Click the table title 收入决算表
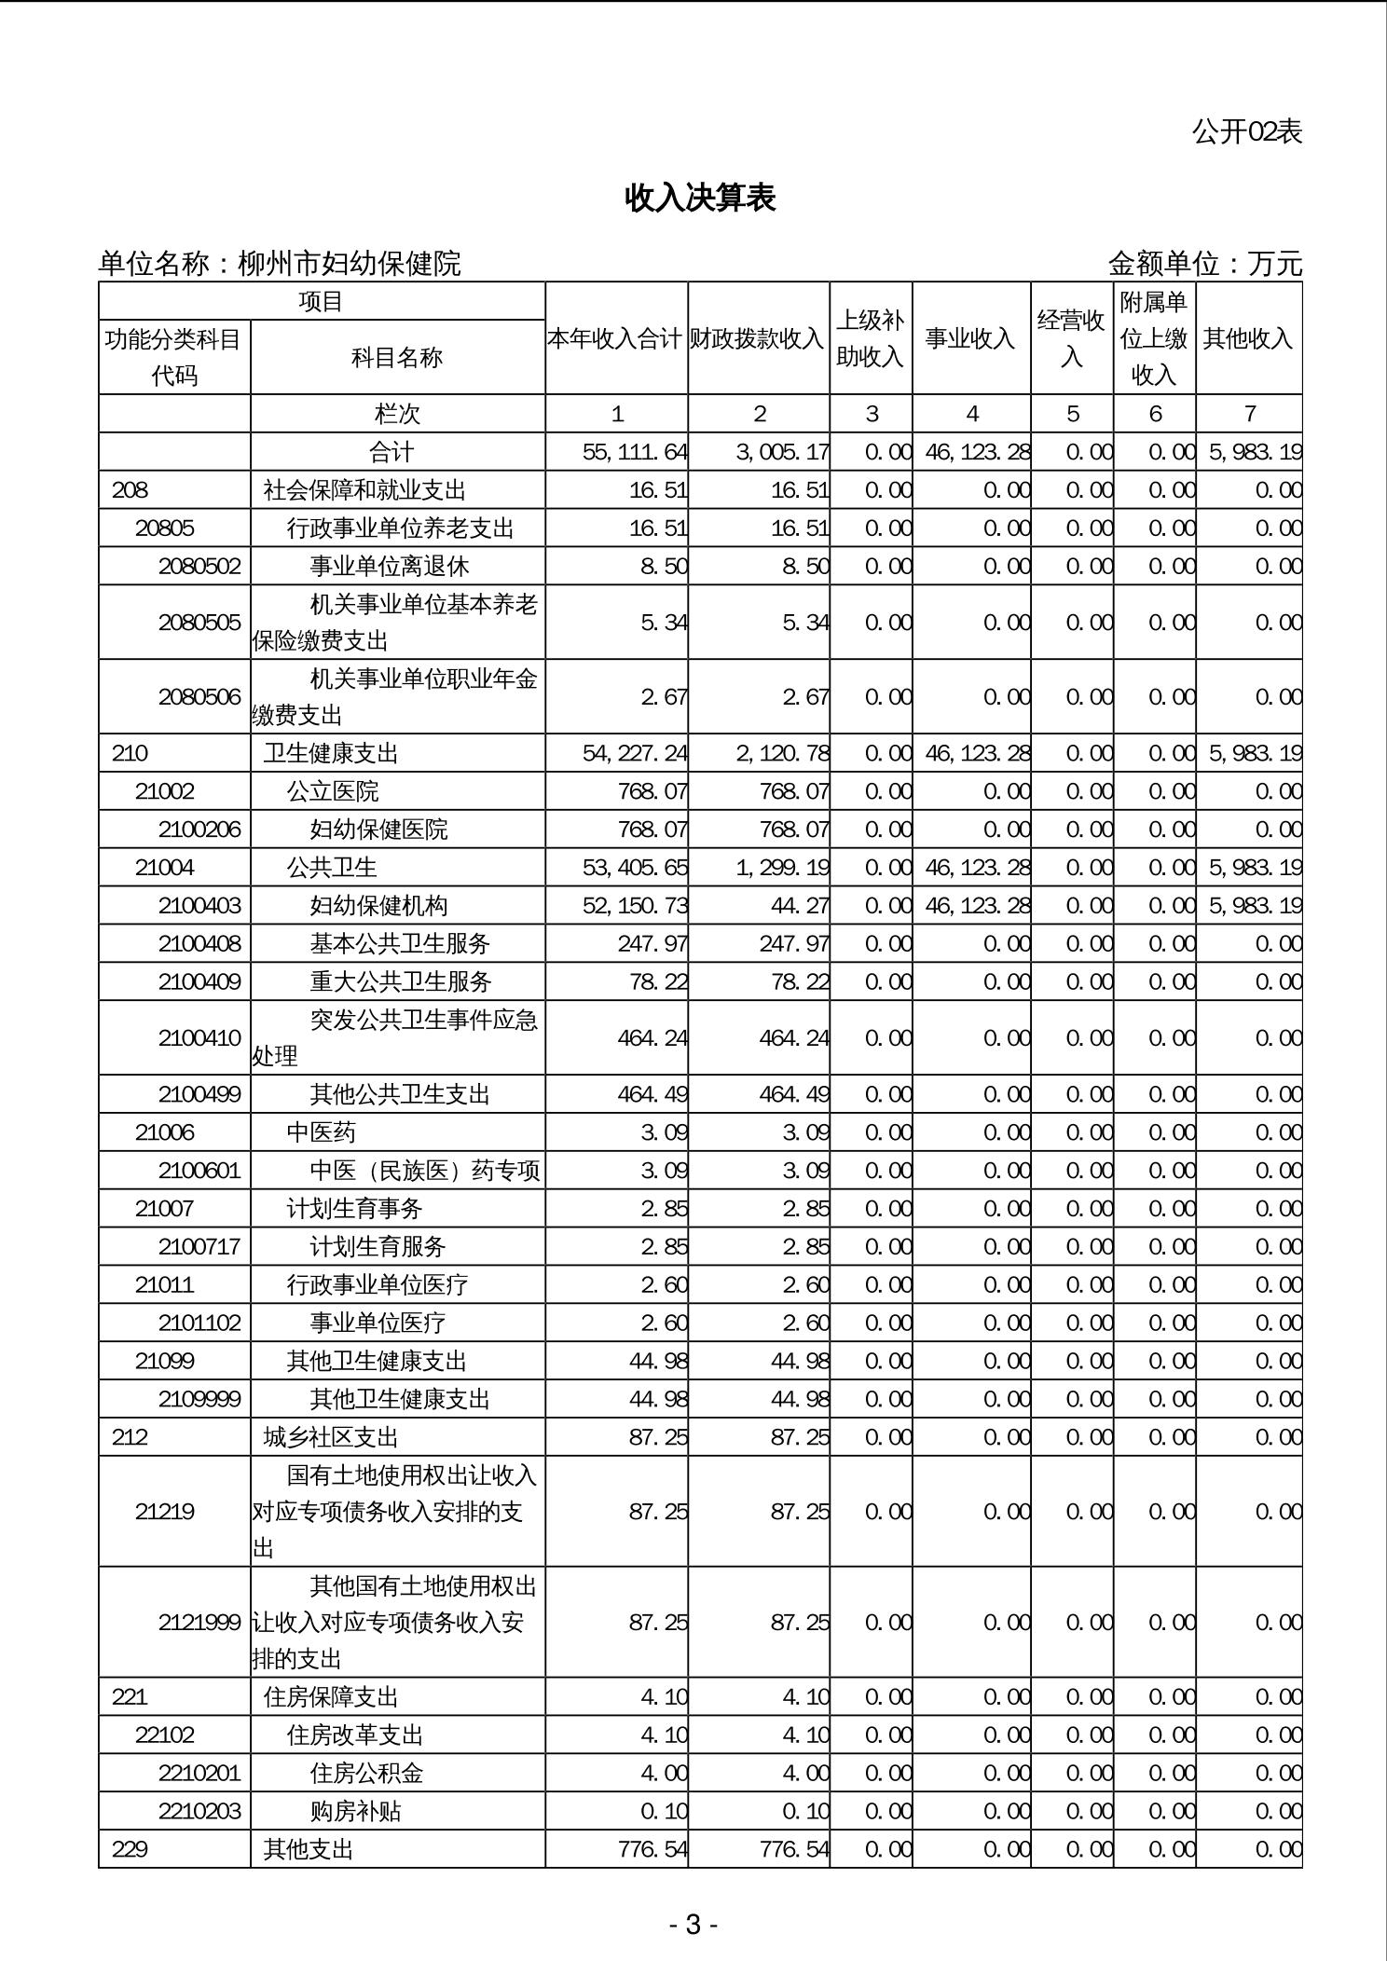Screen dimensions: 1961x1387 tap(700, 198)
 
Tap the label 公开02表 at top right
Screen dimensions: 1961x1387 tap(1246, 131)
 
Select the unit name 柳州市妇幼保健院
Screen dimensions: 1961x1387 tap(350, 264)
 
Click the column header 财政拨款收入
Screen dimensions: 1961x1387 tap(758, 338)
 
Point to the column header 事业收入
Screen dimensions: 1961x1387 tap(970, 338)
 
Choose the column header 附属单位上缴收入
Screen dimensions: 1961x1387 tap(1154, 338)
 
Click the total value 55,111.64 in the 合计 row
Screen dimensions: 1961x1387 tap(634, 452)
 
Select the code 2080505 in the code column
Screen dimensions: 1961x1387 tap(199, 623)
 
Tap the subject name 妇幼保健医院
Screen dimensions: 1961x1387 tap(378, 830)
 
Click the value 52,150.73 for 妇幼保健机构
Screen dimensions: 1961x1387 tap(635, 906)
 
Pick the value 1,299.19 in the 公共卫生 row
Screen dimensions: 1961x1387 tap(782, 868)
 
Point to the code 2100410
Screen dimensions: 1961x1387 tap(199, 1038)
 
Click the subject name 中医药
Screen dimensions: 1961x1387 tap(321, 1132)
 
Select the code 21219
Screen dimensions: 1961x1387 tap(165, 1512)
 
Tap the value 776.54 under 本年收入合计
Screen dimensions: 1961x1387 tap(652, 1849)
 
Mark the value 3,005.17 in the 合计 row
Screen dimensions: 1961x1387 tap(782, 452)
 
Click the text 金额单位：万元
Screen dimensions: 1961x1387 tap(1204, 264)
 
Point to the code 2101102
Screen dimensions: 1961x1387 tap(199, 1323)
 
